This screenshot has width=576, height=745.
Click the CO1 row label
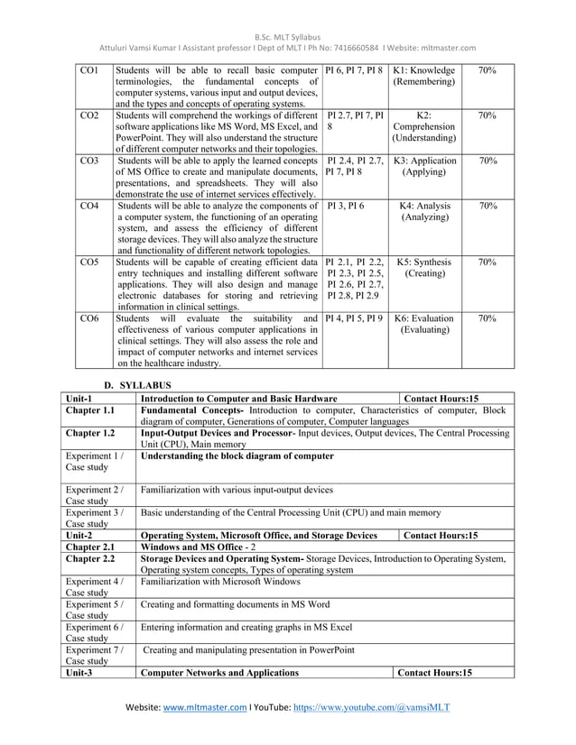88,69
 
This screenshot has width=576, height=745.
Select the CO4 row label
88,207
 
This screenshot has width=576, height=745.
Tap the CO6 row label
88,318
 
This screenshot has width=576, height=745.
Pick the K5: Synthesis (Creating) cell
424,268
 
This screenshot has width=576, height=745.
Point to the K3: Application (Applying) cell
424,167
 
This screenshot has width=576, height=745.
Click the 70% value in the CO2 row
487,116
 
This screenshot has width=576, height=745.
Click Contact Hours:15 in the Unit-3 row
435,673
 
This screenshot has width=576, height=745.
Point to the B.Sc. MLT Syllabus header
287,10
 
